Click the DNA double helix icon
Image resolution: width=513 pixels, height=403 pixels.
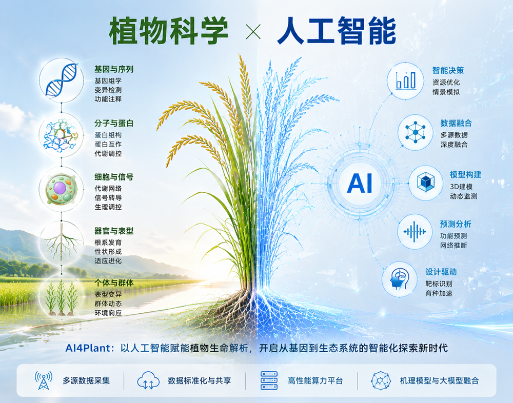click(x=62, y=80)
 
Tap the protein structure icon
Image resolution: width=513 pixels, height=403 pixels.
click(x=61, y=135)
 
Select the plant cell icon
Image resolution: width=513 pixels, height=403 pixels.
click(x=61, y=189)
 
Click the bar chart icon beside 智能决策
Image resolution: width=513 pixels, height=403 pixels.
click(x=406, y=80)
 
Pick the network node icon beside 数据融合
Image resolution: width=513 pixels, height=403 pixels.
click(x=415, y=132)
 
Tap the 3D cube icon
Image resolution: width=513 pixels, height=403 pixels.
click(x=426, y=183)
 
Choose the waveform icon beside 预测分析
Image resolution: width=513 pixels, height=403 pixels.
click(x=415, y=232)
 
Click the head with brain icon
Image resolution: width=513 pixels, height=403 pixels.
click(x=399, y=279)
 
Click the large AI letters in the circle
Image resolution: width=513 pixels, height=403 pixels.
click(x=360, y=184)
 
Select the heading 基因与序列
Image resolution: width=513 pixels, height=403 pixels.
click(x=114, y=69)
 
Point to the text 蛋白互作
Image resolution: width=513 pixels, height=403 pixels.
click(x=108, y=144)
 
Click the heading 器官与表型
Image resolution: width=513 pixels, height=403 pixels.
click(x=114, y=231)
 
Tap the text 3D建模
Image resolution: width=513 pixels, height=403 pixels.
click(x=461, y=187)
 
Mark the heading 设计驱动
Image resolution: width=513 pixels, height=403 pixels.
click(x=441, y=272)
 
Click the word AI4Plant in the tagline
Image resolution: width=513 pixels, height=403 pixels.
click(x=88, y=348)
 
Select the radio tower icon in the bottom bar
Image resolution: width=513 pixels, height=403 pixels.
click(x=44, y=380)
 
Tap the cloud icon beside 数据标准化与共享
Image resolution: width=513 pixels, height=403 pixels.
click(x=148, y=380)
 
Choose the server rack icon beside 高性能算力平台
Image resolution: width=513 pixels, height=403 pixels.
click(x=269, y=380)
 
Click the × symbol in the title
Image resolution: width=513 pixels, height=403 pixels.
click(x=253, y=32)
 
